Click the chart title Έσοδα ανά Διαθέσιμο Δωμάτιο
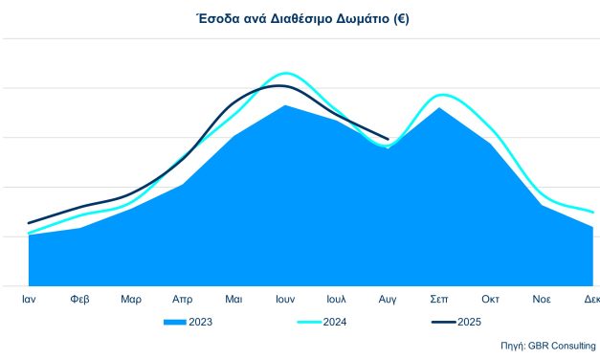point(300,18)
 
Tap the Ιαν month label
point(29,299)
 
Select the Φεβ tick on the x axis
point(80,299)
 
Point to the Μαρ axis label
point(131,299)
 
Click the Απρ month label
point(183,299)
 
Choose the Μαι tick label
point(233,299)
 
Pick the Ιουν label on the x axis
point(285,299)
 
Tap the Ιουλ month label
point(336,299)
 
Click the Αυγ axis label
point(388,299)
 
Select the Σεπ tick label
point(439,299)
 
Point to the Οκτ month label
point(490,299)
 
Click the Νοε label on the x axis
point(542,299)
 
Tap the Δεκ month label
point(591,299)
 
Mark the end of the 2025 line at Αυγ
point(388,140)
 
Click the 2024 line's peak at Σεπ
point(440,95)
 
